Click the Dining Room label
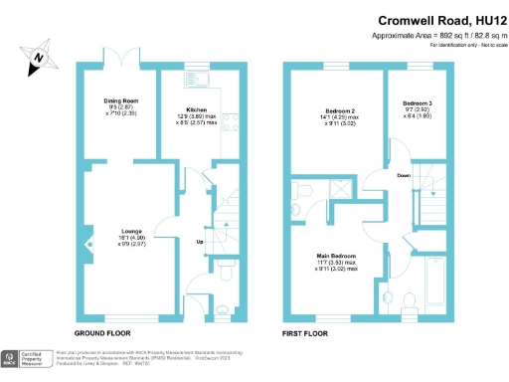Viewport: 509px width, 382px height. click(x=119, y=100)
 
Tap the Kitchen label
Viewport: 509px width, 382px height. click(x=195, y=109)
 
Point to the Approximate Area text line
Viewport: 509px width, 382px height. click(x=437, y=36)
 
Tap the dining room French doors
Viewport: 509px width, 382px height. click(x=119, y=68)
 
